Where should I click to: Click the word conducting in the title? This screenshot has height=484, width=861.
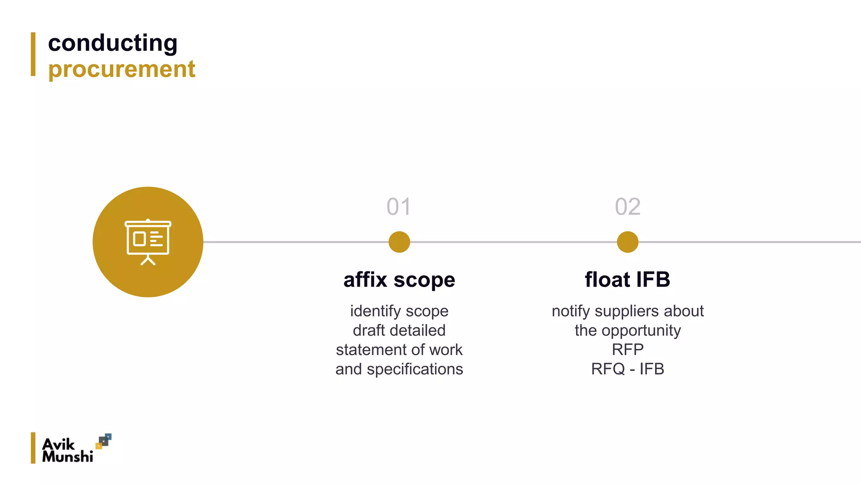pos(113,43)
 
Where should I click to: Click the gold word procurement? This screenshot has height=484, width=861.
pos(122,69)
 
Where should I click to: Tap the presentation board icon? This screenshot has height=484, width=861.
pos(148,242)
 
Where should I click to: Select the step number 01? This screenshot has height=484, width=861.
pos(399,207)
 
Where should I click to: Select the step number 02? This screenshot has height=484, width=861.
pos(627,207)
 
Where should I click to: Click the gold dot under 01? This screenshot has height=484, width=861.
pos(399,242)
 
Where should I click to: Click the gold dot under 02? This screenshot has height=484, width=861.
pos(627,242)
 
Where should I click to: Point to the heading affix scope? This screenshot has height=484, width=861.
pos(399,280)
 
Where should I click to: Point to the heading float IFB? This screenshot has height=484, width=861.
pos(627,280)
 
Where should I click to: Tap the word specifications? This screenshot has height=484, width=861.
pos(415,369)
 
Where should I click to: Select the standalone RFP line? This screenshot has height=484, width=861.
pos(627,350)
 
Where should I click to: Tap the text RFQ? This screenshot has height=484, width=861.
pos(607,369)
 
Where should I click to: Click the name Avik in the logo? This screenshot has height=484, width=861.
pos(58,444)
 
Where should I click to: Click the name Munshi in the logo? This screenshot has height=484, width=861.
pos(67,456)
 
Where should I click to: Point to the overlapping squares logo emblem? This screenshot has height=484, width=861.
pos(103,441)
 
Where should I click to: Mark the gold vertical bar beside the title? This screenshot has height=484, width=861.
pos(33,54)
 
